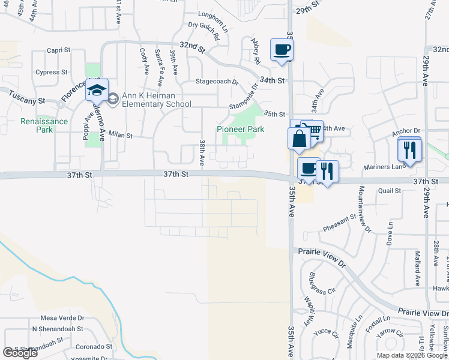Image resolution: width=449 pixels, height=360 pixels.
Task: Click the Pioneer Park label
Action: click(x=240, y=129)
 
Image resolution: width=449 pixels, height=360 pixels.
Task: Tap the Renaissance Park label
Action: click(x=36, y=125)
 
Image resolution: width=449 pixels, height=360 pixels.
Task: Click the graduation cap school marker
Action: click(x=97, y=90)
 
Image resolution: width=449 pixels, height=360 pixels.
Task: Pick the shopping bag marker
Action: click(x=299, y=139)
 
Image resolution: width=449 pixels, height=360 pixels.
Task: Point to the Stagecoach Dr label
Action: click(x=217, y=82)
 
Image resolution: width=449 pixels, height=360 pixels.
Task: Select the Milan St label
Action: click(x=120, y=136)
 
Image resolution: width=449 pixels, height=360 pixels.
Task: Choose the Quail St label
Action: click(x=390, y=191)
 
